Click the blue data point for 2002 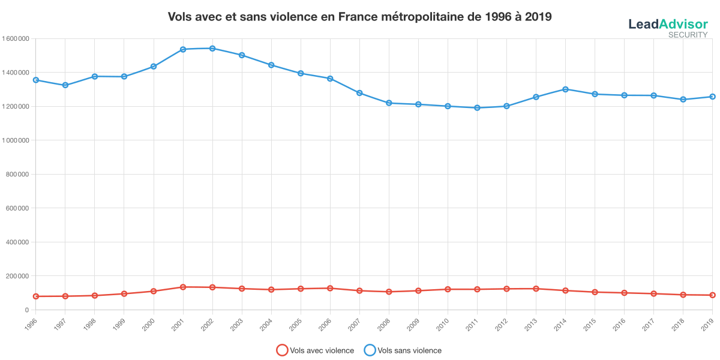pyautogui.click(x=212, y=48)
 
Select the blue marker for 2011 pyautogui.click(x=477, y=108)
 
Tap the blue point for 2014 pyautogui.click(x=565, y=89)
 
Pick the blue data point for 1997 pyautogui.click(x=65, y=85)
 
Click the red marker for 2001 pyautogui.click(x=183, y=287)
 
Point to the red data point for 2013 pyautogui.click(x=536, y=289)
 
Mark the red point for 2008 pyautogui.click(x=389, y=292)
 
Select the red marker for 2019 pyautogui.click(x=712, y=295)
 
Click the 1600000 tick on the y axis pyautogui.click(x=16, y=38)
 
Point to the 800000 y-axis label pyautogui.click(x=17, y=175)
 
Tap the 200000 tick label pyautogui.click(x=17, y=276)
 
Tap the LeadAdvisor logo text pyautogui.click(x=668, y=24)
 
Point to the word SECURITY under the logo pyautogui.click(x=688, y=35)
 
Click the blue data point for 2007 pyautogui.click(x=359, y=93)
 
